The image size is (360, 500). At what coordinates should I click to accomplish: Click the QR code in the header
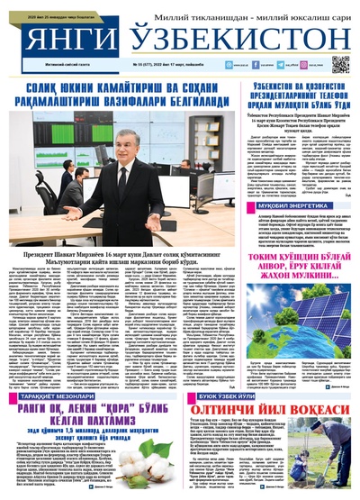point(339,64)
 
